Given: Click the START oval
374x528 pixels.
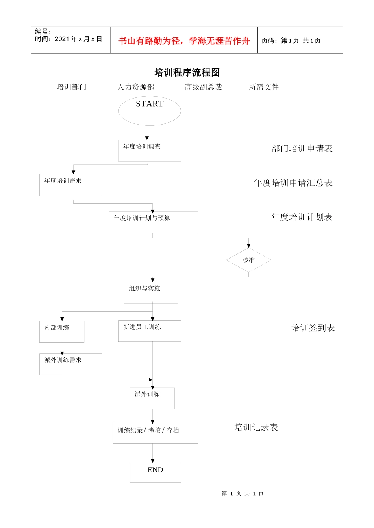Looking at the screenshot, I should [150, 111].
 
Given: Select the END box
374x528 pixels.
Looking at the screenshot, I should [155, 472].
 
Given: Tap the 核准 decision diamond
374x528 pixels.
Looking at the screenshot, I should [248, 260].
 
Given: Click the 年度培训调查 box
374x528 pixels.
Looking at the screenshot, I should [150, 150].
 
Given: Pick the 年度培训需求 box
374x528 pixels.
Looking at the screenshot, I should [70, 185].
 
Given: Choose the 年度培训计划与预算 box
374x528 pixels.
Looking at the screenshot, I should [153, 222].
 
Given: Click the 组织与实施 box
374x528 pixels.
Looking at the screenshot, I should [151, 292].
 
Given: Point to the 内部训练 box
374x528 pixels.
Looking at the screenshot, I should [62, 331].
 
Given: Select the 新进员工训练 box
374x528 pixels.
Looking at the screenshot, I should [150, 331].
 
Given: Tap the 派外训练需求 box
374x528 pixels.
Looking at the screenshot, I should [70, 364].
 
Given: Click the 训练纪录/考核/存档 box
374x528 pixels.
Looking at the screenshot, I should [155, 433].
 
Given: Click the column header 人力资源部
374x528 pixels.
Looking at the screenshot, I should [136, 87].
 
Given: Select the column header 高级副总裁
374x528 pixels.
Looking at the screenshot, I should [204, 87].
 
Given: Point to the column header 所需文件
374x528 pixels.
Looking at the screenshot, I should [263, 87].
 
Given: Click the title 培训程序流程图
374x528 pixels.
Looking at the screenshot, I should [187, 72].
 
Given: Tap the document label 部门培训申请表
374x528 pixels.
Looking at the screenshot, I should [302, 148].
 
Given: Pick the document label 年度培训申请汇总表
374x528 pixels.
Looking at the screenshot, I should [293, 183].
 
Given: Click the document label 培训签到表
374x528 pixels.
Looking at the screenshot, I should [313, 328].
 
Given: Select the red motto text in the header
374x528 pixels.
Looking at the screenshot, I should [184, 41].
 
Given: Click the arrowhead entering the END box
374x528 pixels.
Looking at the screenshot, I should [153, 461].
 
